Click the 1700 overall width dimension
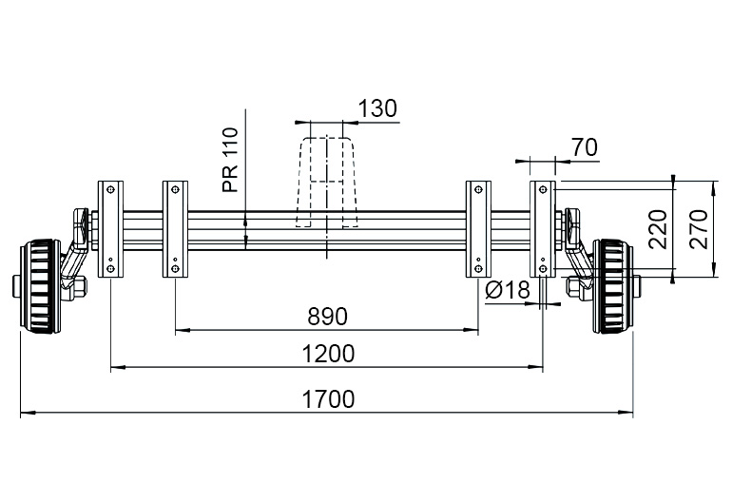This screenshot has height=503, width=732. (328, 399)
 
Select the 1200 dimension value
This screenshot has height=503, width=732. (328, 354)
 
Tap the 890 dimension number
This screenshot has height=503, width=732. (328, 317)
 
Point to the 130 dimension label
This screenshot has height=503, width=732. (377, 108)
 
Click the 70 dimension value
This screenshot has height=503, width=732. (585, 147)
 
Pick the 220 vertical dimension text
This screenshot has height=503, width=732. (658, 229)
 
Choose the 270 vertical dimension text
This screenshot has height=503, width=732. (699, 229)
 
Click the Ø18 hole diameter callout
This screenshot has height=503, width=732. (508, 290)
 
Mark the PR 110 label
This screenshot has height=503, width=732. (231, 160)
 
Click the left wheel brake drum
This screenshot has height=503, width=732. (41, 286)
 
